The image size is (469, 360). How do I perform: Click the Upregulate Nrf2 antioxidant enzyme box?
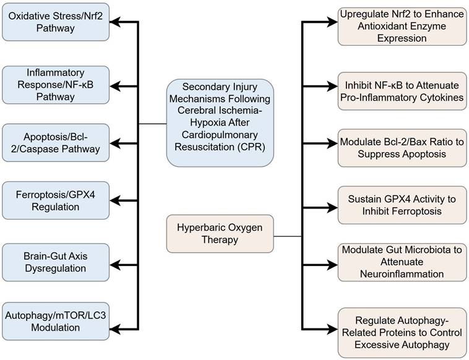pos(402,26)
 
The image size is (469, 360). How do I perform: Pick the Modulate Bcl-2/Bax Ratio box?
pos(402,148)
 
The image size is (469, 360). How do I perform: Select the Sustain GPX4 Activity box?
pos(402,205)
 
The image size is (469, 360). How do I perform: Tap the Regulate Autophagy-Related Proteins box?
pos(402,333)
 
